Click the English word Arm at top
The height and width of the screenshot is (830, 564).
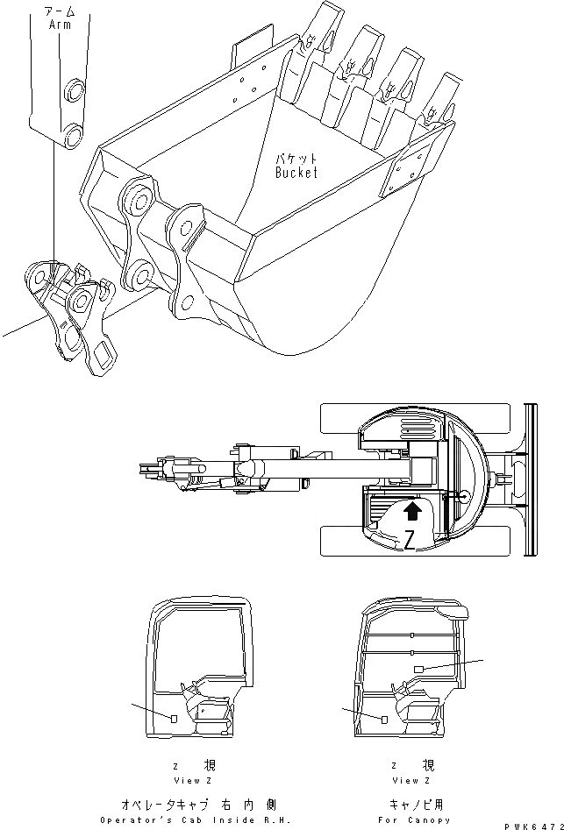59,26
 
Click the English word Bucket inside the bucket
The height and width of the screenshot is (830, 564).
296,173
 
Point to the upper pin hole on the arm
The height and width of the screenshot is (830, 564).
74,89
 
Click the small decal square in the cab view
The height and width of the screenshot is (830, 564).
175,719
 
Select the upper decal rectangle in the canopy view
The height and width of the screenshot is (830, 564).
418,669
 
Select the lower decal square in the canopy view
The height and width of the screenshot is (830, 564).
384,719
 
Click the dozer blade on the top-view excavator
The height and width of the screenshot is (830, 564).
530,479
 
